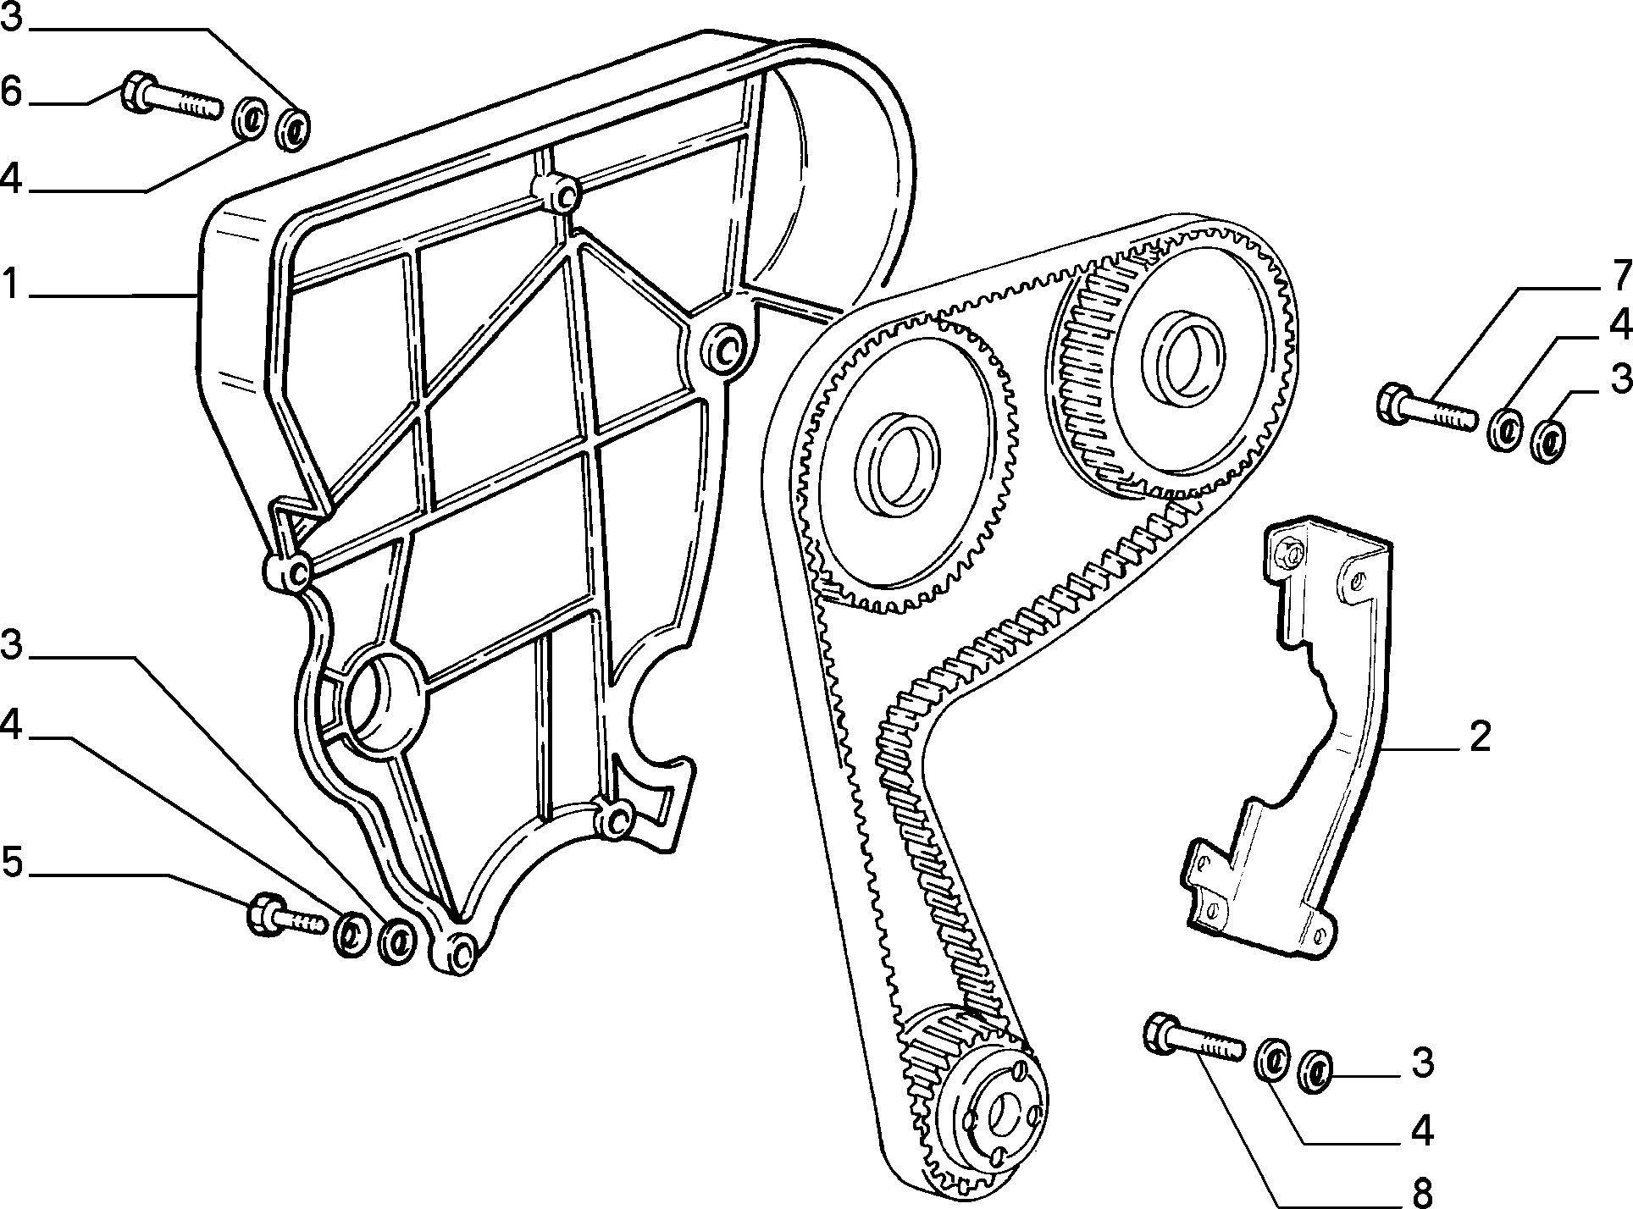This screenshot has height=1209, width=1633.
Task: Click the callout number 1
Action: click(x=10, y=286)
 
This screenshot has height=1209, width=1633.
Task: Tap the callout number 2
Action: click(x=1479, y=736)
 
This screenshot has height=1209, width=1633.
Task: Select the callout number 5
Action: click(x=12, y=864)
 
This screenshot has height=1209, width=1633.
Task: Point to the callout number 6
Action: click(x=12, y=91)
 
